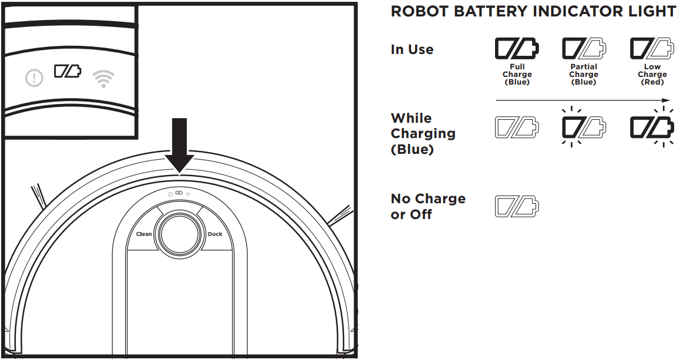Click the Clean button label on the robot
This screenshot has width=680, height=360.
(144, 234)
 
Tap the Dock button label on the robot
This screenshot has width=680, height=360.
(215, 234)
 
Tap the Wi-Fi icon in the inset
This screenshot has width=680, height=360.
(103, 78)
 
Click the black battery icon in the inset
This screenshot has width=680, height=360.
(68, 72)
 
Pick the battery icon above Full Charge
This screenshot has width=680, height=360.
(517, 49)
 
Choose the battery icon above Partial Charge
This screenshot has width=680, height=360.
(583, 49)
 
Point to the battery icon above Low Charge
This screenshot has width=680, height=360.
(651, 49)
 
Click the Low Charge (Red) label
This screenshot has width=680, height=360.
(652, 75)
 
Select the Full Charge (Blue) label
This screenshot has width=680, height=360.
(517, 75)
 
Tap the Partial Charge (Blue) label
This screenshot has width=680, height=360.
(584, 75)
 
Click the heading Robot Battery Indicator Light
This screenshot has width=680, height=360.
(533, 12)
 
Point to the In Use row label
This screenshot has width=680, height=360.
(412, 49)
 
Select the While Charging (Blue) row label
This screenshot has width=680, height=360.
(423, 134)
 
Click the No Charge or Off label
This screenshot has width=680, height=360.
(427, 207)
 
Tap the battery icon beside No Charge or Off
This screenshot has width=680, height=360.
(517, 206)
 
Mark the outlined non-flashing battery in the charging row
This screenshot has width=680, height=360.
(517, 126)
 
